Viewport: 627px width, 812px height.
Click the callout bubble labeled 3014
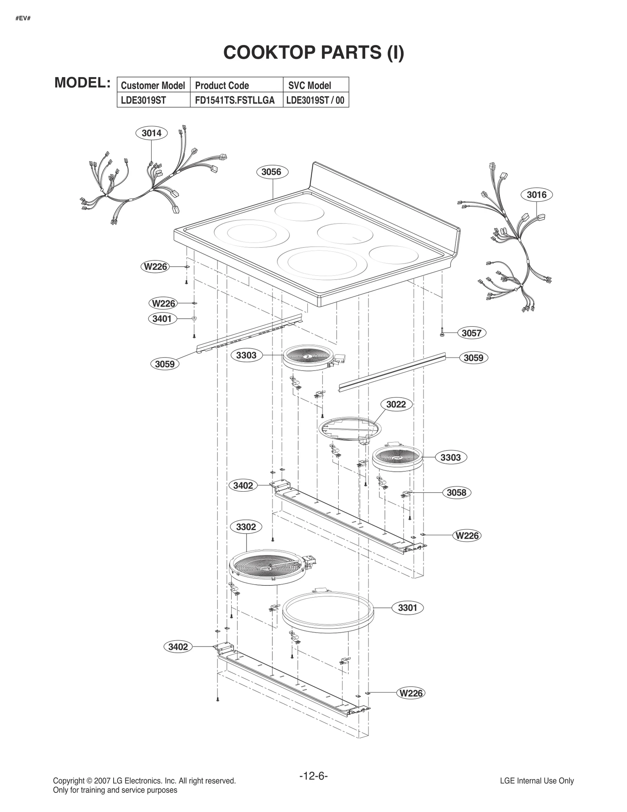tap(151, 133)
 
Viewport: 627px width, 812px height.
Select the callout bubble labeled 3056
tap(272, 172)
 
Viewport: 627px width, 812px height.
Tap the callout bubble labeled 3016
tap(536, 194)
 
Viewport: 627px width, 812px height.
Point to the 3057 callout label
tap(471, 333)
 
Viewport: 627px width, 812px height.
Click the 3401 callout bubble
tap(162, 319)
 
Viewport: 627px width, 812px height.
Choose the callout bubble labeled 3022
tap(396, 404)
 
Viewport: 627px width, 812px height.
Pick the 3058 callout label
tap(457, 492)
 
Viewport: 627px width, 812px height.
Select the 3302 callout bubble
tap(246, 527)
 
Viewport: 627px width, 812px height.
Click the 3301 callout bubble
tap(408, 608)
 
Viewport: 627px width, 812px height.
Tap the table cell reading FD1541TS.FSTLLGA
tap(234, 100)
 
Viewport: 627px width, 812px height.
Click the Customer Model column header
tap(153, 85)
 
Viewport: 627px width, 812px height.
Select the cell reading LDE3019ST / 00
tap(315, 100)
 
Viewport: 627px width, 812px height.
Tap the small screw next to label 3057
tap(442, 333)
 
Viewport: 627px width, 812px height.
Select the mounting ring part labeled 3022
tap(349, 430)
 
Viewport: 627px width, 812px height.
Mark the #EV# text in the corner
tap(23, 18)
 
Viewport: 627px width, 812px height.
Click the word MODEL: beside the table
tap(82, 83)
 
